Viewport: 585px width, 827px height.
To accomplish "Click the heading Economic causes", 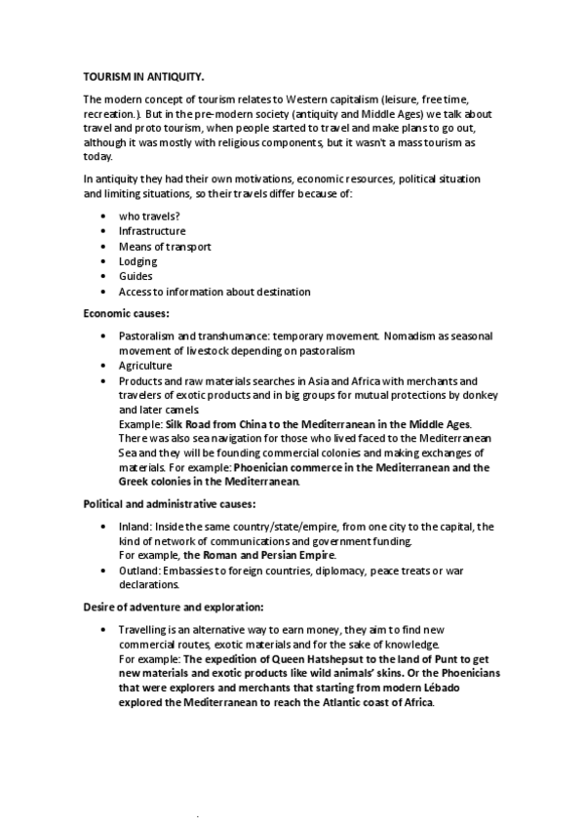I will click(x=127, y=313).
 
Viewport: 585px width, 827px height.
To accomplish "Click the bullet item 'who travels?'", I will click(x=151, y=217).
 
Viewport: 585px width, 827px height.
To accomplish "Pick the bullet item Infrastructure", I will click(x=152, y=231).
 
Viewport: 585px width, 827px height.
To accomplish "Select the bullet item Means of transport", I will click(x=165, y=247).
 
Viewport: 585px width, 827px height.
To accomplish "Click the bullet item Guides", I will click(x=136, y=276).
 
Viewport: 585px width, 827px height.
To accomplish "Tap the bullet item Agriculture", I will click(x=145, y=365).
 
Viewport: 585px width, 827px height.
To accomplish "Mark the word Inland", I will click(x=134, y=526).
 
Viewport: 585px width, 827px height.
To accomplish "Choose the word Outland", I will click(x=138, y=571).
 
